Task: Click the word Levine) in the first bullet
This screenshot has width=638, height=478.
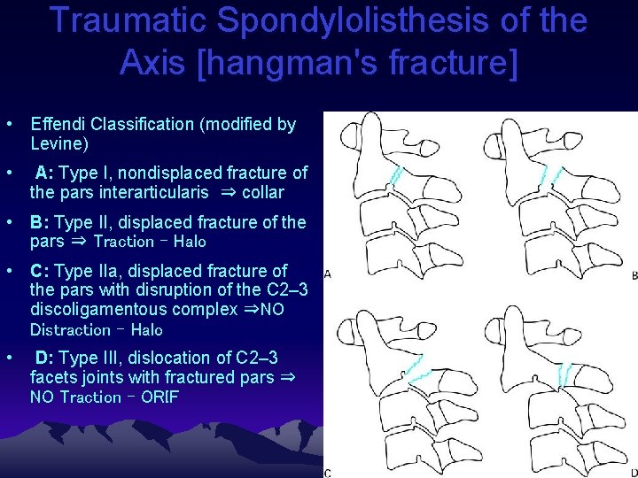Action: (59, 143)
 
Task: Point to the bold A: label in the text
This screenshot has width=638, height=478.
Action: (47, 173)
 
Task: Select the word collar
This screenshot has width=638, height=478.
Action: (263, 192)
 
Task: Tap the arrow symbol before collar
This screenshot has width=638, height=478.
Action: (227, 192)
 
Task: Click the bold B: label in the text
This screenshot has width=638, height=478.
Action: (40, 222)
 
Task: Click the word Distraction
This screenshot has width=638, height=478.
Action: (70, 330)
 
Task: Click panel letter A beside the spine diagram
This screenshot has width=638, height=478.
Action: (328, 275)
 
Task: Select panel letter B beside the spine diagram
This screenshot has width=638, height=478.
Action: (634, 276)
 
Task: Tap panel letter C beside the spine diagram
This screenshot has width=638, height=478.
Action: (328, 473)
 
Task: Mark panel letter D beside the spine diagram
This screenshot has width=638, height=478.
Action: (633, 473)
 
